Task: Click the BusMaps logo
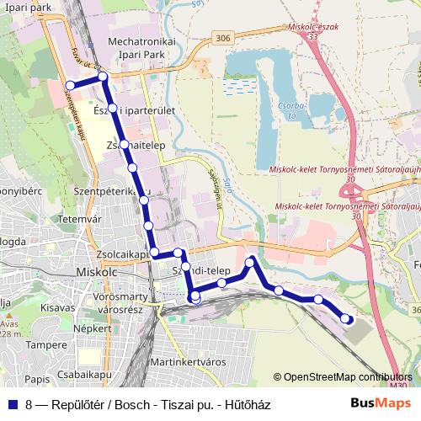point(378,403)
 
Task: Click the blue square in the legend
point(11,404)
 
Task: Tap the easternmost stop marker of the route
point(347,318)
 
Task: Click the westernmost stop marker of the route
point(70,85)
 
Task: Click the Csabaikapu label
point(86,366)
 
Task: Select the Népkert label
point(93,328)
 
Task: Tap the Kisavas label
point(58,309)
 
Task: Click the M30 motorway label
point(398,385)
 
